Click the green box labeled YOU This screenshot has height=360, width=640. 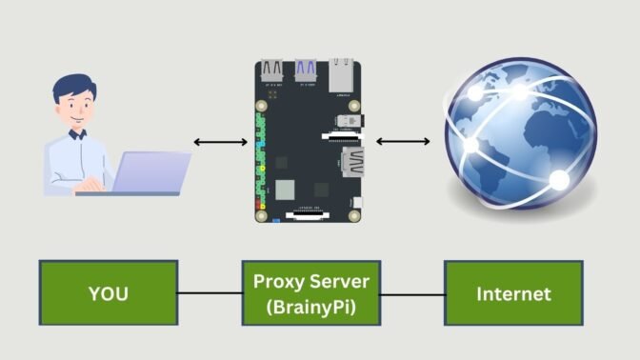tap(108, 294)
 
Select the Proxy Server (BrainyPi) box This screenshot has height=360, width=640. tap(310, 294)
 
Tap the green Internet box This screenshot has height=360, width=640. tap(514, 294)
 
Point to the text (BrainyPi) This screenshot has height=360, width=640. tap(310, 307)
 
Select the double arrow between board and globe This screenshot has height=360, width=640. tap(403, 143)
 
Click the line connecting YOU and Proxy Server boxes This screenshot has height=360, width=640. tap(210, 294)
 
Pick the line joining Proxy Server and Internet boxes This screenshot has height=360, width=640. tap(412, 294)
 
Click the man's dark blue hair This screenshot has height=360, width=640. tap(72, 91)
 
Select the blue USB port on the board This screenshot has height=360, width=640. tap(306, 71)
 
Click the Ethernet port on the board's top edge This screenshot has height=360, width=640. tap(342, 73)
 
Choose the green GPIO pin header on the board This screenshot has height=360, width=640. tap(259, 162)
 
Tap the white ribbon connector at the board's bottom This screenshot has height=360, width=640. tap(306, 215)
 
